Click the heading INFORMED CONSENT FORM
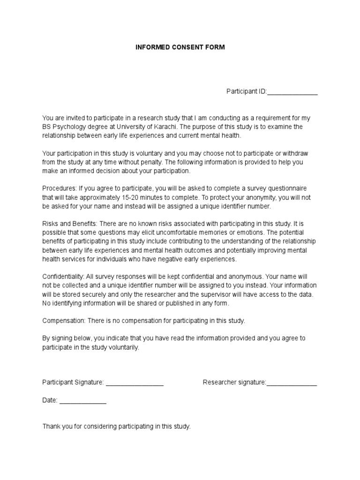(x=180, y=48)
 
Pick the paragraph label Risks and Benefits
(x=69, y=224)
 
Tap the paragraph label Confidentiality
(x=63, y=277)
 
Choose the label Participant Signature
(x=73, y=382)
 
